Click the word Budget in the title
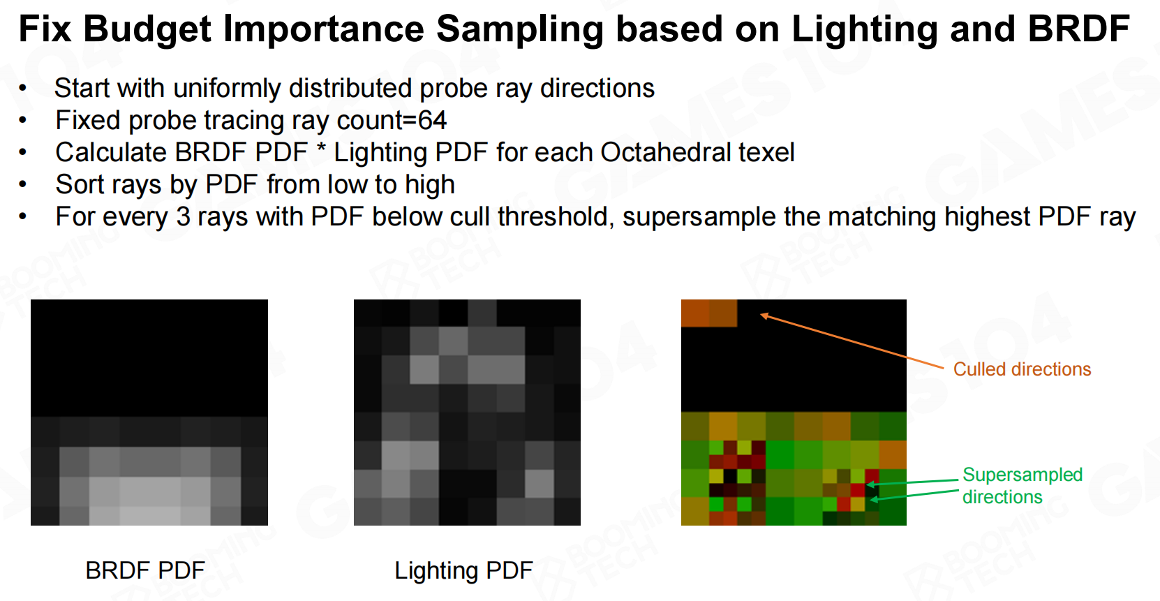pos(147,30)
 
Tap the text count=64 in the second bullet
pos(392,121)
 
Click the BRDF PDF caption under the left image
pos(145,570)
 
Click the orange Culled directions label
pos(1022,369)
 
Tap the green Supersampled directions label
pos(1023,486)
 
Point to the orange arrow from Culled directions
pos(852,341)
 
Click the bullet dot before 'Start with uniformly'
pos(22,89)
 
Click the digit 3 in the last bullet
pos(183,217)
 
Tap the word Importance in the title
pos(324,30)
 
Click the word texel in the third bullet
pos(766,152)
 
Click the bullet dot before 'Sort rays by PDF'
pos(22,185)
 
